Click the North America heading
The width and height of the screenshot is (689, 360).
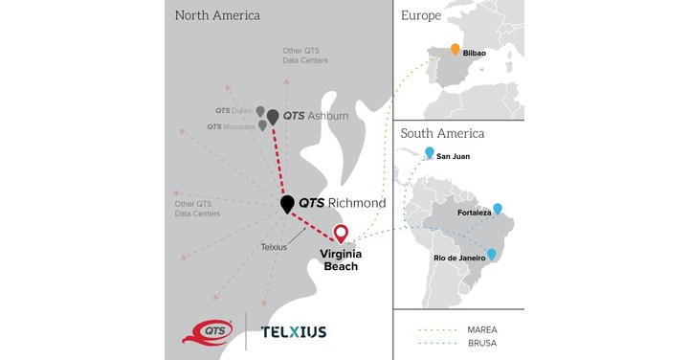[x=218, y=16]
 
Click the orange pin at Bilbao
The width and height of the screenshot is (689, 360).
[x=456, y=51]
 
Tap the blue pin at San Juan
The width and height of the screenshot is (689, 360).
[x=430, y=152]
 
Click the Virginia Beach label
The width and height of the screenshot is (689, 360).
[x=340, y=259]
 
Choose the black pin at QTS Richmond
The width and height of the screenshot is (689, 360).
[x=286, y=204]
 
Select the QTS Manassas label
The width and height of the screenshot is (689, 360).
[x=231, y=126]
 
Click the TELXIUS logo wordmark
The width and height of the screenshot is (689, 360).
[x=293, y=332]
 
